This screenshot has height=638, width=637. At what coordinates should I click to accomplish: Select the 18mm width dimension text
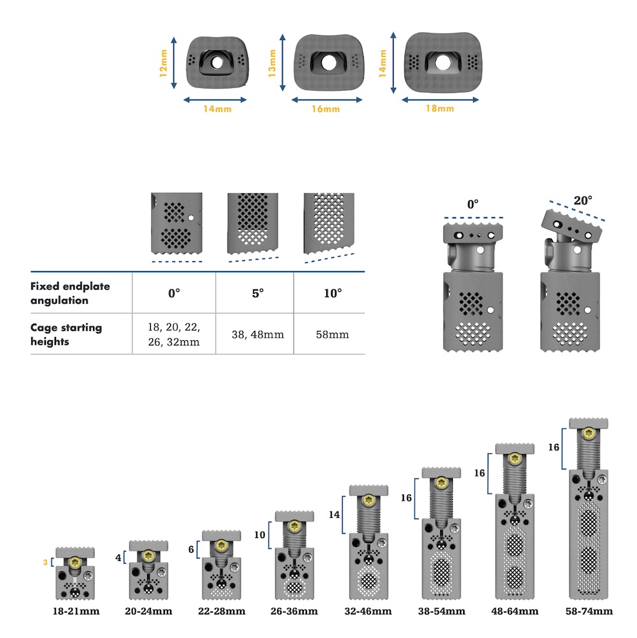(x=440, y=109)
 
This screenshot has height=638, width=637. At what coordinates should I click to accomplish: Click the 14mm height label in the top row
(x=382, y=63)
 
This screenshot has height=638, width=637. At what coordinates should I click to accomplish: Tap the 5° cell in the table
(x=257, y=293)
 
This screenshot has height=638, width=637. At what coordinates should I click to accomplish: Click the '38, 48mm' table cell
(x=257, y=335)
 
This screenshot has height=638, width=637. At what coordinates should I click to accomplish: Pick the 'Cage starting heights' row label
(x=66, y=335)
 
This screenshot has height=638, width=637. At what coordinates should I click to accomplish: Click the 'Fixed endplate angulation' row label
(x=70, y=293)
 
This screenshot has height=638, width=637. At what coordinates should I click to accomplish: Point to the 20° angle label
(x=582, y=200)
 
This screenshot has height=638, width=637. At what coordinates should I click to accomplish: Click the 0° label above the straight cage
(x=473, y=204)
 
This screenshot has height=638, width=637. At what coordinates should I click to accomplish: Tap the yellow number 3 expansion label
(x=45, y=562)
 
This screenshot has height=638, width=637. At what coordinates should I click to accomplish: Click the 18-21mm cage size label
(x=76, y=611)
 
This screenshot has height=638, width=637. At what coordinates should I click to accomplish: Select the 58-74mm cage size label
(x=589, y=611)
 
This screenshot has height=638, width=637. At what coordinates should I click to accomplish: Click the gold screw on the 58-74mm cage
(x=589, y=434)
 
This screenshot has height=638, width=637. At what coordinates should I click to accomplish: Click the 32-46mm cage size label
(x=368, y=611)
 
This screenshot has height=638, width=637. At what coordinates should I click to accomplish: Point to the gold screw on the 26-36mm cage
(x=294, y=525)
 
